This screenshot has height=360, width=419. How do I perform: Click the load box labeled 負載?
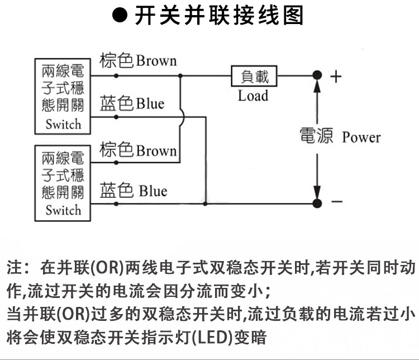pos(254,76)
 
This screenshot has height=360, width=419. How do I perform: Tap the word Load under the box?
pos(253,96)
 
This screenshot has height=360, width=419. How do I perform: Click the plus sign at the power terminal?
pos(336,77)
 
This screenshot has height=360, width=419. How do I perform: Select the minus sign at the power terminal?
pos(337,201)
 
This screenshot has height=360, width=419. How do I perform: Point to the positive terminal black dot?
pos(317,75)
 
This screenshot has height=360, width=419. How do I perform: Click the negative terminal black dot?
pos(317,203)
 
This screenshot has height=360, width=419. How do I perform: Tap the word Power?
pos(361,137)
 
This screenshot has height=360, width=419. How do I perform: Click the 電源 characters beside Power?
pos(316,136)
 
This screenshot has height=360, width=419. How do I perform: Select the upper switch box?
pos(63,96)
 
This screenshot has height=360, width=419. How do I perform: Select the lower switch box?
pos(63,183)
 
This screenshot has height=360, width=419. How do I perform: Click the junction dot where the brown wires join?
pos(180,76)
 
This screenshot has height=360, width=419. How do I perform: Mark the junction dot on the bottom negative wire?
pos(205,204)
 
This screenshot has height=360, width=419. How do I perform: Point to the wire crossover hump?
pos(183,117)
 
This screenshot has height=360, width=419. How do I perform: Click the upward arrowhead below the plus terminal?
pos(317,86)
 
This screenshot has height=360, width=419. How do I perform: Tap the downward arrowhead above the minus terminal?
pos(317,192)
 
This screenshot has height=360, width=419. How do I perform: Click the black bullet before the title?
pos(120,15)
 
